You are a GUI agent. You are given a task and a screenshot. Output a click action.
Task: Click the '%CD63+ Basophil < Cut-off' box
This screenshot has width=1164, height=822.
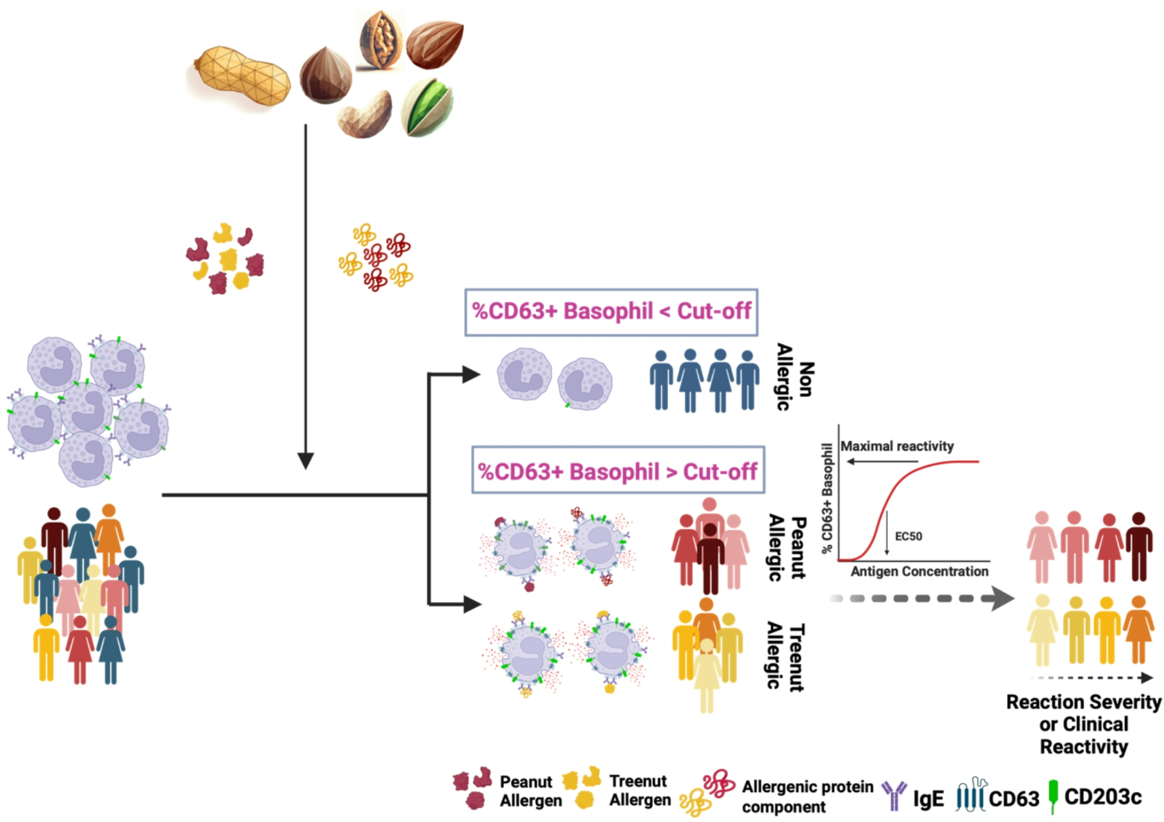tap(611, 312)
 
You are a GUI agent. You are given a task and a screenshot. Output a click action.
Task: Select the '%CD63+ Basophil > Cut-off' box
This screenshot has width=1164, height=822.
tap(618, 470)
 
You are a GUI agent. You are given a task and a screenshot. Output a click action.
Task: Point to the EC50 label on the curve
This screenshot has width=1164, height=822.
tap(908, 536)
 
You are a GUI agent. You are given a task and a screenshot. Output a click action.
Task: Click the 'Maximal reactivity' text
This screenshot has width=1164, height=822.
tap(897, 446)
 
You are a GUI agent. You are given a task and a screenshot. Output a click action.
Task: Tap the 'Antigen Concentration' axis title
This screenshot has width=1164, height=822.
tap(919, 571)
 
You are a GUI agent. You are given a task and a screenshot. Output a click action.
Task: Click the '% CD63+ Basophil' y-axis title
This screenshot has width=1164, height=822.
tap(827, 498)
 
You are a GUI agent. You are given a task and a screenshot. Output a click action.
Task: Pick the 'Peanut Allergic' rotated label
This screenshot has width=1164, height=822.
tap(787, 547)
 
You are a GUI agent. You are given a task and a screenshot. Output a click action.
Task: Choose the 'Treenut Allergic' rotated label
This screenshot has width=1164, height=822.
tap(786, 657)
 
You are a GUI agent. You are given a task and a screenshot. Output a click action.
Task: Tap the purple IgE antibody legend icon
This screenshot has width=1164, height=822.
tap(894, 796)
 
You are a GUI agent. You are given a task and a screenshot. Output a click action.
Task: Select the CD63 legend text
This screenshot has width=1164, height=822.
tap(1014, 798)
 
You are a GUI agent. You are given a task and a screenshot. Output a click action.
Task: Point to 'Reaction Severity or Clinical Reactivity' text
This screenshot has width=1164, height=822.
tap(1084, 724)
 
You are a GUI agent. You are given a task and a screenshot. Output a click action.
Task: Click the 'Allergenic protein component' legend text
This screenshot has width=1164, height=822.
tap(807, 797)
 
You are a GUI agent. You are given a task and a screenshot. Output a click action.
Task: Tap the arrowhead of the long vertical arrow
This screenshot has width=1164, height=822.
tap(306, 461)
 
